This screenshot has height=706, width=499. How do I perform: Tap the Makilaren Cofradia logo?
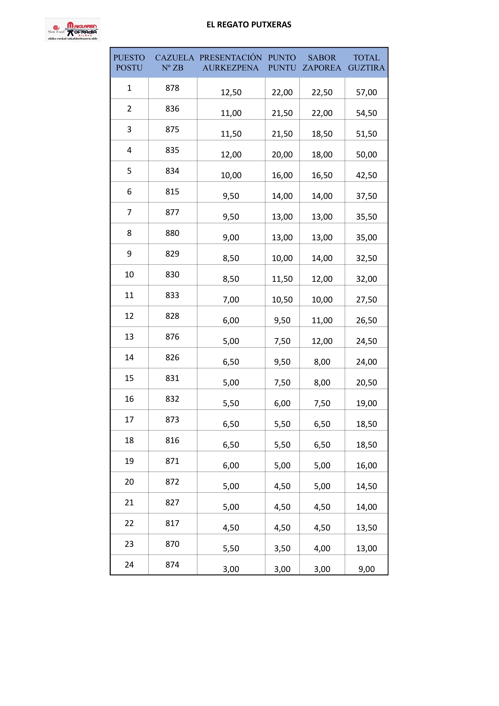[73, 30]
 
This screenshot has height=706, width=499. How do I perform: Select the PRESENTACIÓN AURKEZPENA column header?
[231, 62]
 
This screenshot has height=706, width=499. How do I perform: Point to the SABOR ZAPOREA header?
[322, 62]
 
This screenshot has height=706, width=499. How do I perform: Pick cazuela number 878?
[172, 88]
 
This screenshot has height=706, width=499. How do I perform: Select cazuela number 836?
[172, 108]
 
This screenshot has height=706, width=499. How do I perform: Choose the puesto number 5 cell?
[129, 171]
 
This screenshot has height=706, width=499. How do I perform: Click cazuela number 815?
[172, 192]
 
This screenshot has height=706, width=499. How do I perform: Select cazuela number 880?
[172, 233]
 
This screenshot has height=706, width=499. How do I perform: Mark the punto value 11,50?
[282, 279]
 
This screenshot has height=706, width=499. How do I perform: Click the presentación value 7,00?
[231, 299]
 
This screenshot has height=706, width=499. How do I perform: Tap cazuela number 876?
[172, 337]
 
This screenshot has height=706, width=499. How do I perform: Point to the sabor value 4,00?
[322, 548]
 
